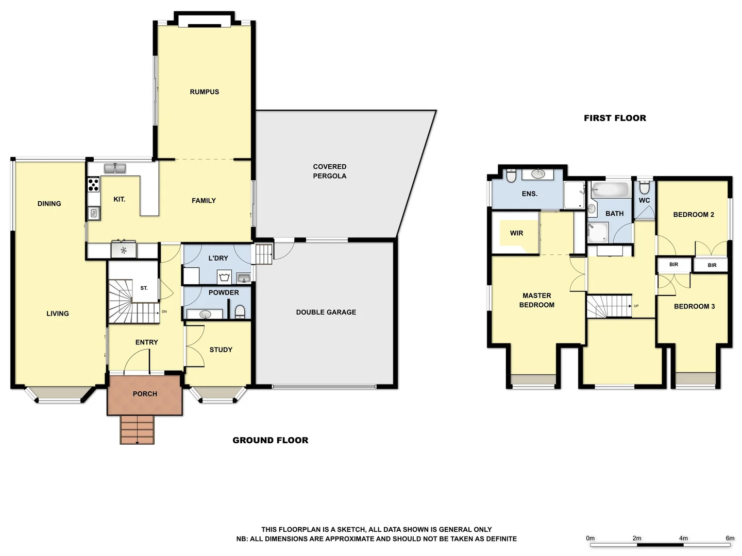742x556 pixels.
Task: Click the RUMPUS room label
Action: point(204,92)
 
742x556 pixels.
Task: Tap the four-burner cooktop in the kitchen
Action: point(93,184)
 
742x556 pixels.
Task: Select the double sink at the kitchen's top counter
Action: point(115,168)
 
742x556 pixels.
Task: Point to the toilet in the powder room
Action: point(240,312)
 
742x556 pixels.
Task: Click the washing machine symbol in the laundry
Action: point(224,278)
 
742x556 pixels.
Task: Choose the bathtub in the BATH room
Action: point(611,189)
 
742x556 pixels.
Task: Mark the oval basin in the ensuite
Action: point(538,174)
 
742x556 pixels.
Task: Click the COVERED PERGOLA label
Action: point(330,171)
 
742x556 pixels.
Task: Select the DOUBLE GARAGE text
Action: point(326,312)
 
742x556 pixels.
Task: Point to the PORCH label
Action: point(145,394)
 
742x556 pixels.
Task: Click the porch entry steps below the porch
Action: point(137,430)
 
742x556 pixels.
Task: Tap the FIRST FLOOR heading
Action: point(615,118)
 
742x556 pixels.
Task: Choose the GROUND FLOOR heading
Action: point(270,440)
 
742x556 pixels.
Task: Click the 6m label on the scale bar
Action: point(730,538)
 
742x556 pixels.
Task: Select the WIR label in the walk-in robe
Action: point(516,233)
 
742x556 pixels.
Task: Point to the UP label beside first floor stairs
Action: point(636,306)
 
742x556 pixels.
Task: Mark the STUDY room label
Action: point(221,350)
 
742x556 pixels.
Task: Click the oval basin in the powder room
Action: point(205,314)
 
